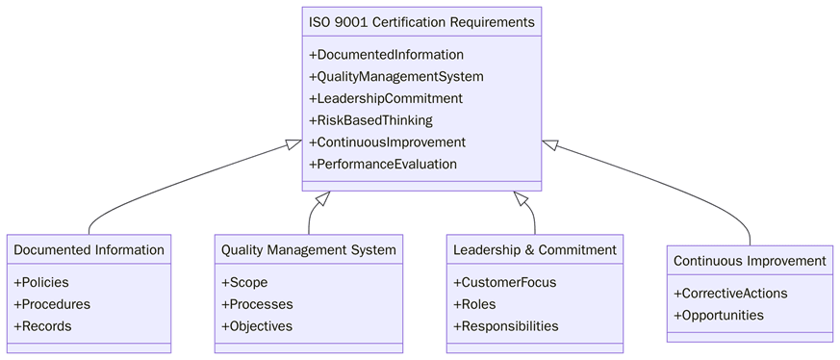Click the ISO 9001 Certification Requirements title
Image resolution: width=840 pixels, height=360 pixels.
421,21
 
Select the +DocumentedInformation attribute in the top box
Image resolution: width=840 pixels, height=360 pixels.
386,55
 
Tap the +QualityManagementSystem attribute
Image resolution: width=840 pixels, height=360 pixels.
395,77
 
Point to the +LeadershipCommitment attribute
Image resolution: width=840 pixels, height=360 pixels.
385,98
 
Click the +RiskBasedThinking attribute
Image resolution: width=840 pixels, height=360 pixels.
370,120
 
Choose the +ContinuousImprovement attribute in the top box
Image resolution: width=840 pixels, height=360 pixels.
387,142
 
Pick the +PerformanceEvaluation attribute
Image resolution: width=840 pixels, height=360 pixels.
382,164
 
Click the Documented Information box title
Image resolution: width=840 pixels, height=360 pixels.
89,250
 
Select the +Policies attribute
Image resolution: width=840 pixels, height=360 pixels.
41,283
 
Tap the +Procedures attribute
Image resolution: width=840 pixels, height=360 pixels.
52,304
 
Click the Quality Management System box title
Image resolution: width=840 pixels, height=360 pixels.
308,250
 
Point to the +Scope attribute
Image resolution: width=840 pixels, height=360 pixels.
244,283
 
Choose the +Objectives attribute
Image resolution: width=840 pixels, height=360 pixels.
257,326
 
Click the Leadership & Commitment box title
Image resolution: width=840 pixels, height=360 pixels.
534,250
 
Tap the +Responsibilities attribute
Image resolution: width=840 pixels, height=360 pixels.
505,326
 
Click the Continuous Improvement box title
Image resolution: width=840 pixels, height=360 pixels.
750,261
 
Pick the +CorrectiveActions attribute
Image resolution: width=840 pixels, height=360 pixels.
730,294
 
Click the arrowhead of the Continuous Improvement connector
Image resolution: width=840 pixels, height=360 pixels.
549,144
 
